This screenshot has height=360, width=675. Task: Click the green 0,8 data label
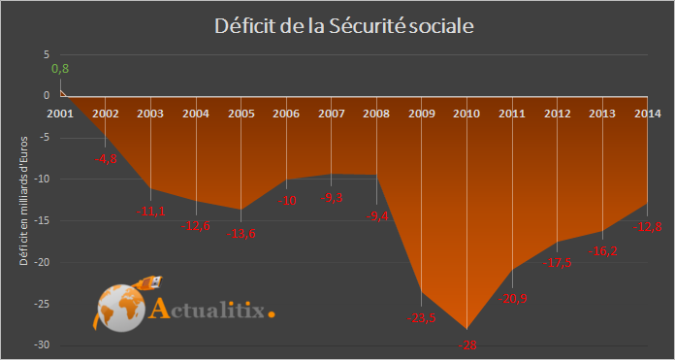[60, 68]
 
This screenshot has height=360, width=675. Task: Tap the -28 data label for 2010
[467, 344]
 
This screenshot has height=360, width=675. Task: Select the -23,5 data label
[422, 317]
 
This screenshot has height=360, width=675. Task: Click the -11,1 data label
[151, 211]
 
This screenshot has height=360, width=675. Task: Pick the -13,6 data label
[242, 233]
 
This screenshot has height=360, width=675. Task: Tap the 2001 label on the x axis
[60, 114]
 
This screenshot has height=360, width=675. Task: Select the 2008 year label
[376, 114]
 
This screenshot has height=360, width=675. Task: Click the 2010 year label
[466, 114]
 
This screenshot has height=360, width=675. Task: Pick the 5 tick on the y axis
[45, 54]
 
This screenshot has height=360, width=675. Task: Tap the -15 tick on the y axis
[39, 220]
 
